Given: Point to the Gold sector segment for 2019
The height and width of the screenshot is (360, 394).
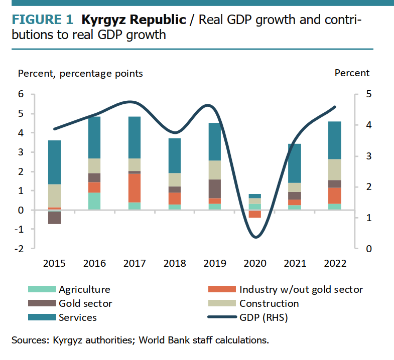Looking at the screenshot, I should [x=215, y=189].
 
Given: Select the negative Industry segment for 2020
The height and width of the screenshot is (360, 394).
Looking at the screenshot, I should [x=255, y=214].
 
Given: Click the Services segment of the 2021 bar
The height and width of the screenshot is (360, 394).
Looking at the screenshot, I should [x=295, y=163].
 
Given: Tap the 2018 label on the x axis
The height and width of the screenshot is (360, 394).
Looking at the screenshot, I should [x=175, y=263].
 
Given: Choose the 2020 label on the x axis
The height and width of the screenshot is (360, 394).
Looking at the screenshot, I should [x=255, y=263].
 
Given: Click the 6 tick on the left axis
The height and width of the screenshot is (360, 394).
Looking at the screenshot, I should [x=22, y=94].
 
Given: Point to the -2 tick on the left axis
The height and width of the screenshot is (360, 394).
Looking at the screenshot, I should [x=19, y=249].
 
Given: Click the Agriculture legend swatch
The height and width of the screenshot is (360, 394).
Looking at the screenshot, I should [x=41, y=289].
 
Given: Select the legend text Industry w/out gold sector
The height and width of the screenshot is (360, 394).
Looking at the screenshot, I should [x=301, y=289].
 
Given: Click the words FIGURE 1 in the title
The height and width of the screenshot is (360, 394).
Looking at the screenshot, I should [x=43, y=21].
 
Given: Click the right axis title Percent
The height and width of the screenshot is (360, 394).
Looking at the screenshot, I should [x=352, y=73].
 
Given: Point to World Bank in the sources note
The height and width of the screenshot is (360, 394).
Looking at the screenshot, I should [x=161, y=340].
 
